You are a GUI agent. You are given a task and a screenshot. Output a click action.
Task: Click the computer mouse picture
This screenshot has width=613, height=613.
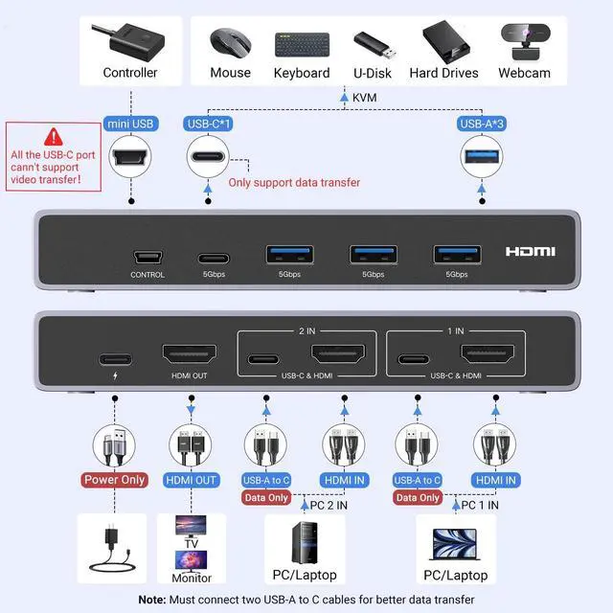(230, 43)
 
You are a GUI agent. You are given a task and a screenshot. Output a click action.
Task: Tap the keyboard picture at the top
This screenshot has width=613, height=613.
(302, 44)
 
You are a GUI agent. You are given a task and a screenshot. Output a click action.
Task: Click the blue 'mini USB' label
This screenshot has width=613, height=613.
(130, 124)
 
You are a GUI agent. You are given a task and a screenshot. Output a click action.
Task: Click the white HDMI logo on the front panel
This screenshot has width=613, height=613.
(531, 251)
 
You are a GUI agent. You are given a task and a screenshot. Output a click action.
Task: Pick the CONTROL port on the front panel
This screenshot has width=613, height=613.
(148, 257)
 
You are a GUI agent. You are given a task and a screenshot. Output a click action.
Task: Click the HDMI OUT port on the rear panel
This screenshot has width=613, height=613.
(187, 356)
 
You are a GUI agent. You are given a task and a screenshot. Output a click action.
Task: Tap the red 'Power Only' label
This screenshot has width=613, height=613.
(114, 480)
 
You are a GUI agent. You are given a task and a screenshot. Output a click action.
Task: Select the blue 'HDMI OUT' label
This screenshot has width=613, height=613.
(193, 480)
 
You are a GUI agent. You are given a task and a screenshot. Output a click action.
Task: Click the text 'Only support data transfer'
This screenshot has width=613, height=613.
(294, 182)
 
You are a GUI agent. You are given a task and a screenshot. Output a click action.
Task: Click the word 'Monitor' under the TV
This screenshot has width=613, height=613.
(192, 579)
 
